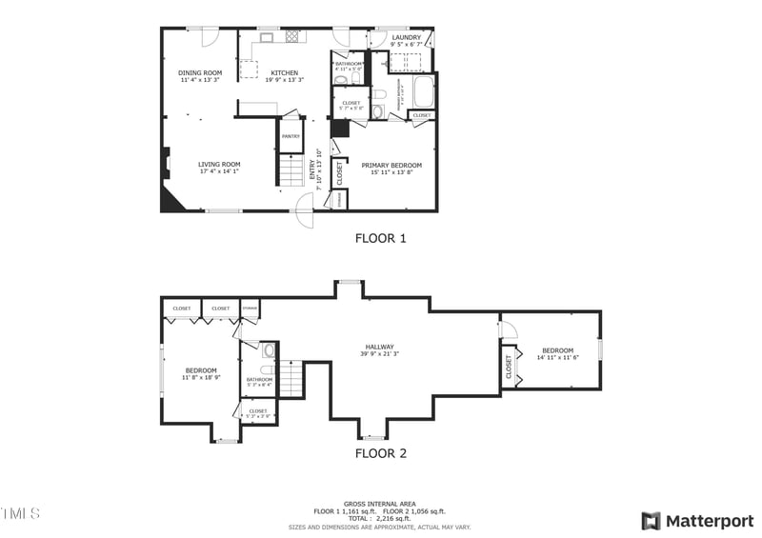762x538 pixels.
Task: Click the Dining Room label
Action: (x=200, y=73)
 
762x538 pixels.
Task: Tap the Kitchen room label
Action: (x=284, y=73)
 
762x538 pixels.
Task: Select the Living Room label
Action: (x=219, y=164)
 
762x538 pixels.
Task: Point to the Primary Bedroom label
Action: (x=391, y=166)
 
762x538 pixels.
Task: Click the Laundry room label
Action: (x=407, y=38)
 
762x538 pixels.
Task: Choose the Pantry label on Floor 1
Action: (x=291, y=136)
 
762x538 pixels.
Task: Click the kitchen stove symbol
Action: (x=292, y=36)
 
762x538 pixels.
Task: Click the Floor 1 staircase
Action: (x=291, y=171)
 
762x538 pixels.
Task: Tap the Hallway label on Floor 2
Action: (x=379, y=348)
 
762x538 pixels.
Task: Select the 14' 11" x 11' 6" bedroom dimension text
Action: (x=557, y=357)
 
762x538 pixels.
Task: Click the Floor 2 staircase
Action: (x=291, y=378)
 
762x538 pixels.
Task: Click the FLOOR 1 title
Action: (x=381, y=238)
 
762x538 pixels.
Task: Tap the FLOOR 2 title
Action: (x=381, y=453)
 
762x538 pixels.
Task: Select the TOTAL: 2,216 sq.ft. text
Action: (x=380, y=519)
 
